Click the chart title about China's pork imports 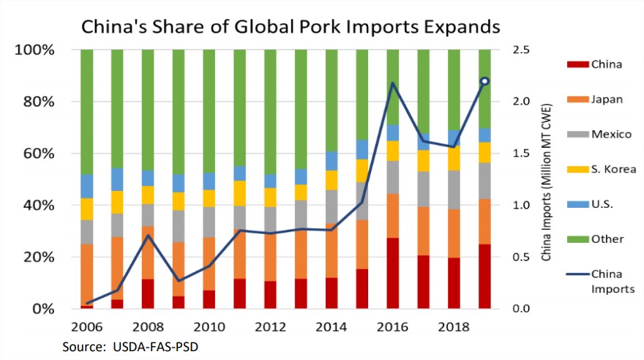tap(291, 27)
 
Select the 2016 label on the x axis tap(393, 326)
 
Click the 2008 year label tap(148, 326)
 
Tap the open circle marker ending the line tap(484, 81)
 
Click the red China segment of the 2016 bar tap(393, 273)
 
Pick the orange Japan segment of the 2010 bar tap(209, 263)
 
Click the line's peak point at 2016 tap(393, 83)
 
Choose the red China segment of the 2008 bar tap(148, 293)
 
